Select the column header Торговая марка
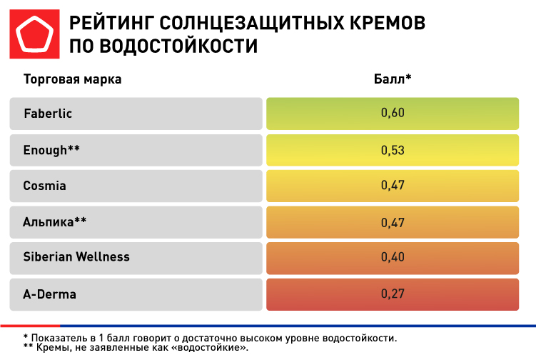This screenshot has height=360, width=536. coord(73,79)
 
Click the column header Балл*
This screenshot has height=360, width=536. coord(393,79)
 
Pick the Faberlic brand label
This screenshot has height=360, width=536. coord(48,114)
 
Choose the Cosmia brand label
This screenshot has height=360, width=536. coord(45,186)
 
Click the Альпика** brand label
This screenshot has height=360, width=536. coord(55,221)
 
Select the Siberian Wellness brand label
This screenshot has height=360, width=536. coord(76,257)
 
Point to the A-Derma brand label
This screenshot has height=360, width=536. coord(50,294)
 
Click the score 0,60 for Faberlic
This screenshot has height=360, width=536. coord(393,114)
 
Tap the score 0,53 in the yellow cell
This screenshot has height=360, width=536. coord(393,149)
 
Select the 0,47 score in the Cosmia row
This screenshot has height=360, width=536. coord(393,186)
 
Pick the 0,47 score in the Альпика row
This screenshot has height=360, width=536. coord(393,221)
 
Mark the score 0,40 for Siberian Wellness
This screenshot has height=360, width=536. coord(393,257)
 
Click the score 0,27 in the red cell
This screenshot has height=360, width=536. coord(393,294)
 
